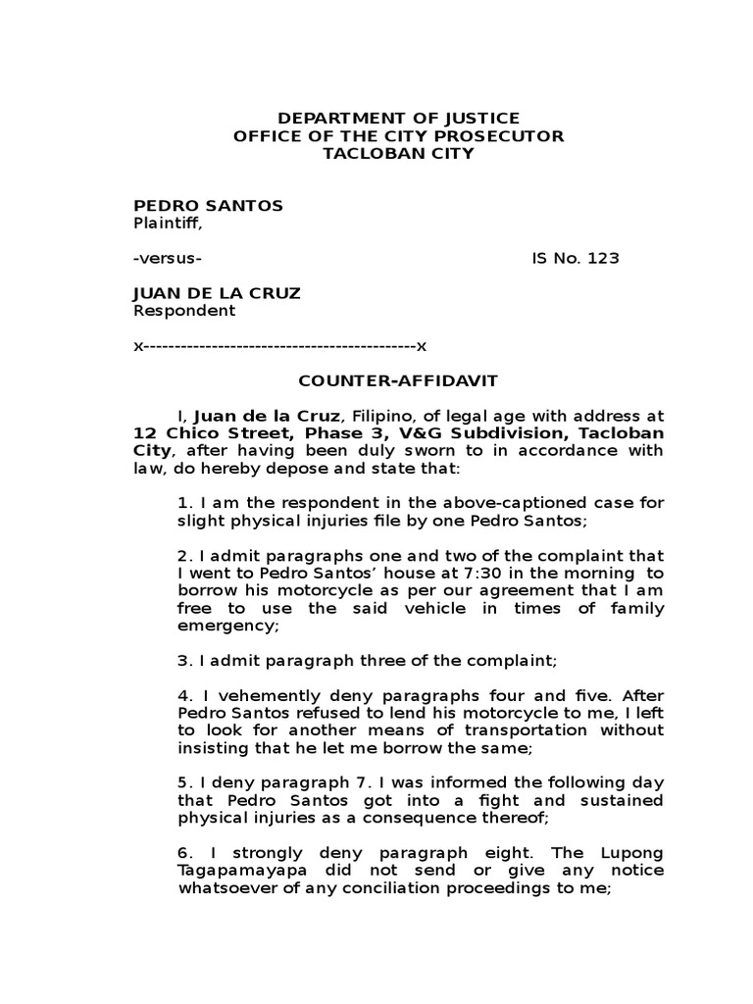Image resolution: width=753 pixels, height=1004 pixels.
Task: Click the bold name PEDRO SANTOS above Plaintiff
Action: point(208,205)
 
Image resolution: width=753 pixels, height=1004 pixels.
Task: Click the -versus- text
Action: point(168,259)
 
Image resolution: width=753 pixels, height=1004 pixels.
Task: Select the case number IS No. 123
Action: point(576,259)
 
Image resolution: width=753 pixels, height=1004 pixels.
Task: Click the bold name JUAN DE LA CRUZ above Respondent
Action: point(217,293)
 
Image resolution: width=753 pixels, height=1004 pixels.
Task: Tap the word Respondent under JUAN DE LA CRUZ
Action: point(184,311)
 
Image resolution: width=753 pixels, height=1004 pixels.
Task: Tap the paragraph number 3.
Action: point(183,661)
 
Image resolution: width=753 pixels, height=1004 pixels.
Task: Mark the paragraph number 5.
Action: point(183,783)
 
